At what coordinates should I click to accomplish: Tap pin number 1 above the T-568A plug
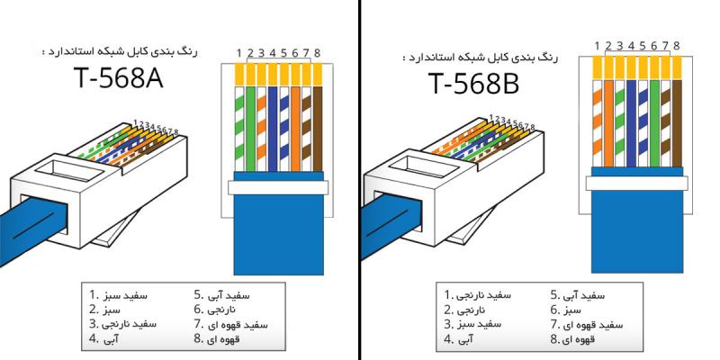click(238, 50)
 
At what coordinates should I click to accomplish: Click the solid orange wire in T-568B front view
click(608, 117)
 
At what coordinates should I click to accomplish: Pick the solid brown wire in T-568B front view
click(676, 117)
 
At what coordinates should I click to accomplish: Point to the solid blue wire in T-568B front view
click(631, 117)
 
